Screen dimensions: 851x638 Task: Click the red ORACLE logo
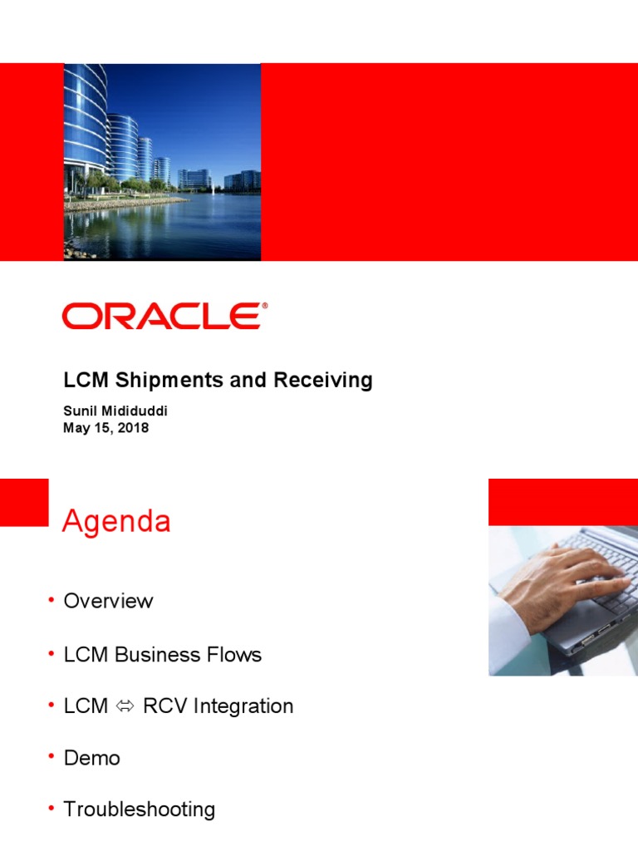coord(162,317)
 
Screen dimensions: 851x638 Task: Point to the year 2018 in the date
coord(132,429)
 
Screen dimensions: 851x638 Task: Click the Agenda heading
coord(117,522)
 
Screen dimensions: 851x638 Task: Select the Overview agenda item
coord(108,601)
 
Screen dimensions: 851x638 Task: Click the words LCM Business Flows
coord(162,655)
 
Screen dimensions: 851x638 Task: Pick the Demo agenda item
coord(91,758)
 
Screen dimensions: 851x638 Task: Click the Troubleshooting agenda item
coord(139,809)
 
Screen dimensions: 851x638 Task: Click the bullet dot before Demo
coord(52,756)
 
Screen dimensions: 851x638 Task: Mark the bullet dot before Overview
coord(52,599)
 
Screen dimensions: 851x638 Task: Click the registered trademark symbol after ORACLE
coord(265,306)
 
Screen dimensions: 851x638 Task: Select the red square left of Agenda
coord(24,502)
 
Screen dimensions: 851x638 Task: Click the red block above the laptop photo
coord(562,502)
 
